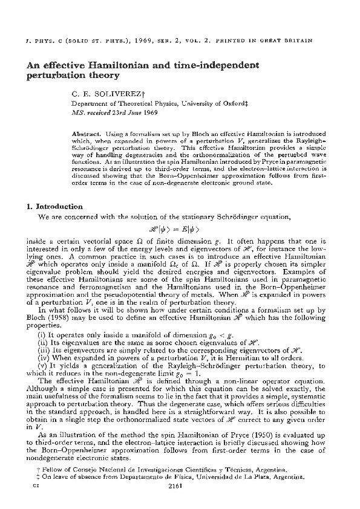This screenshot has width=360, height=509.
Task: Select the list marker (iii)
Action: coord(42,350)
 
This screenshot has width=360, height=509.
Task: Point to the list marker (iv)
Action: coord(42,358)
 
